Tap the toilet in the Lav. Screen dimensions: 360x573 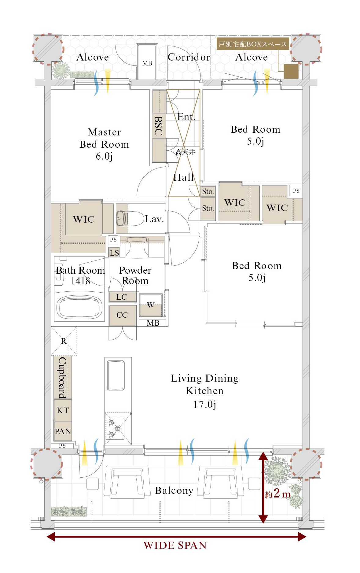(130, 218)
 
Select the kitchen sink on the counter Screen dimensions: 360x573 (116, 375)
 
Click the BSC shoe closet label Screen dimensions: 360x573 (158, 126)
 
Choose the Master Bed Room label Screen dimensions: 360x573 (104, 138)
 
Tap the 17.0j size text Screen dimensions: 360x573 (205, 405)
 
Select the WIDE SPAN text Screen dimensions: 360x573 (175, 545)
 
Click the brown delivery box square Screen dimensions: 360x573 (291, 71)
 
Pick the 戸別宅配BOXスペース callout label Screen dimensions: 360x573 (253, 44)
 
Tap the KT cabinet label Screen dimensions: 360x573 (63, 410)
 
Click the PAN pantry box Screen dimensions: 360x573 (63, 431)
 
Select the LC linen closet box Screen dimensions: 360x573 (122, 297)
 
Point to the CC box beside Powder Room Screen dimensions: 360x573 (122, 315)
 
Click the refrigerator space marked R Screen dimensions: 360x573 (64, 341)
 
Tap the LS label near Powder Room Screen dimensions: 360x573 (114, 253)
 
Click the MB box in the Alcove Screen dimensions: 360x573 (147, 63)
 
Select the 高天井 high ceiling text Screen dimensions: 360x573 (185, 152)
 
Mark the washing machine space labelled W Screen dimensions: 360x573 (151, 305)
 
